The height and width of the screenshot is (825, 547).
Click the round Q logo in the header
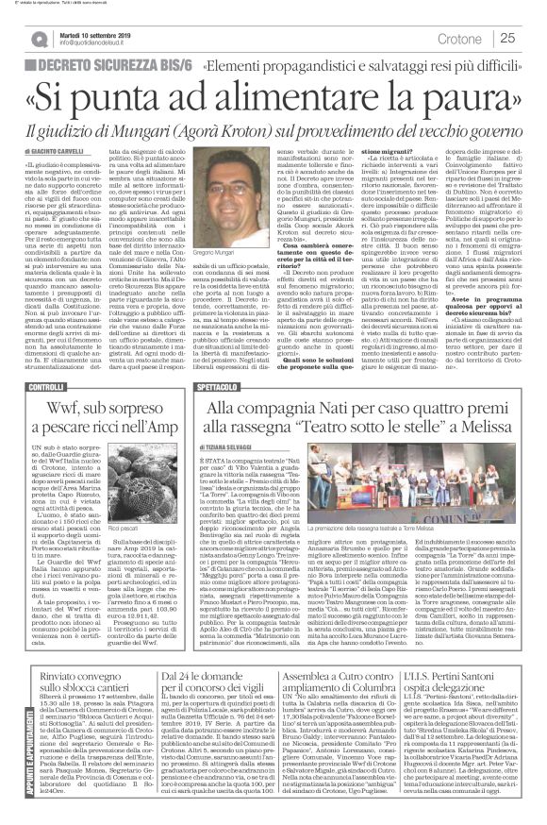[x=39, y=37]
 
